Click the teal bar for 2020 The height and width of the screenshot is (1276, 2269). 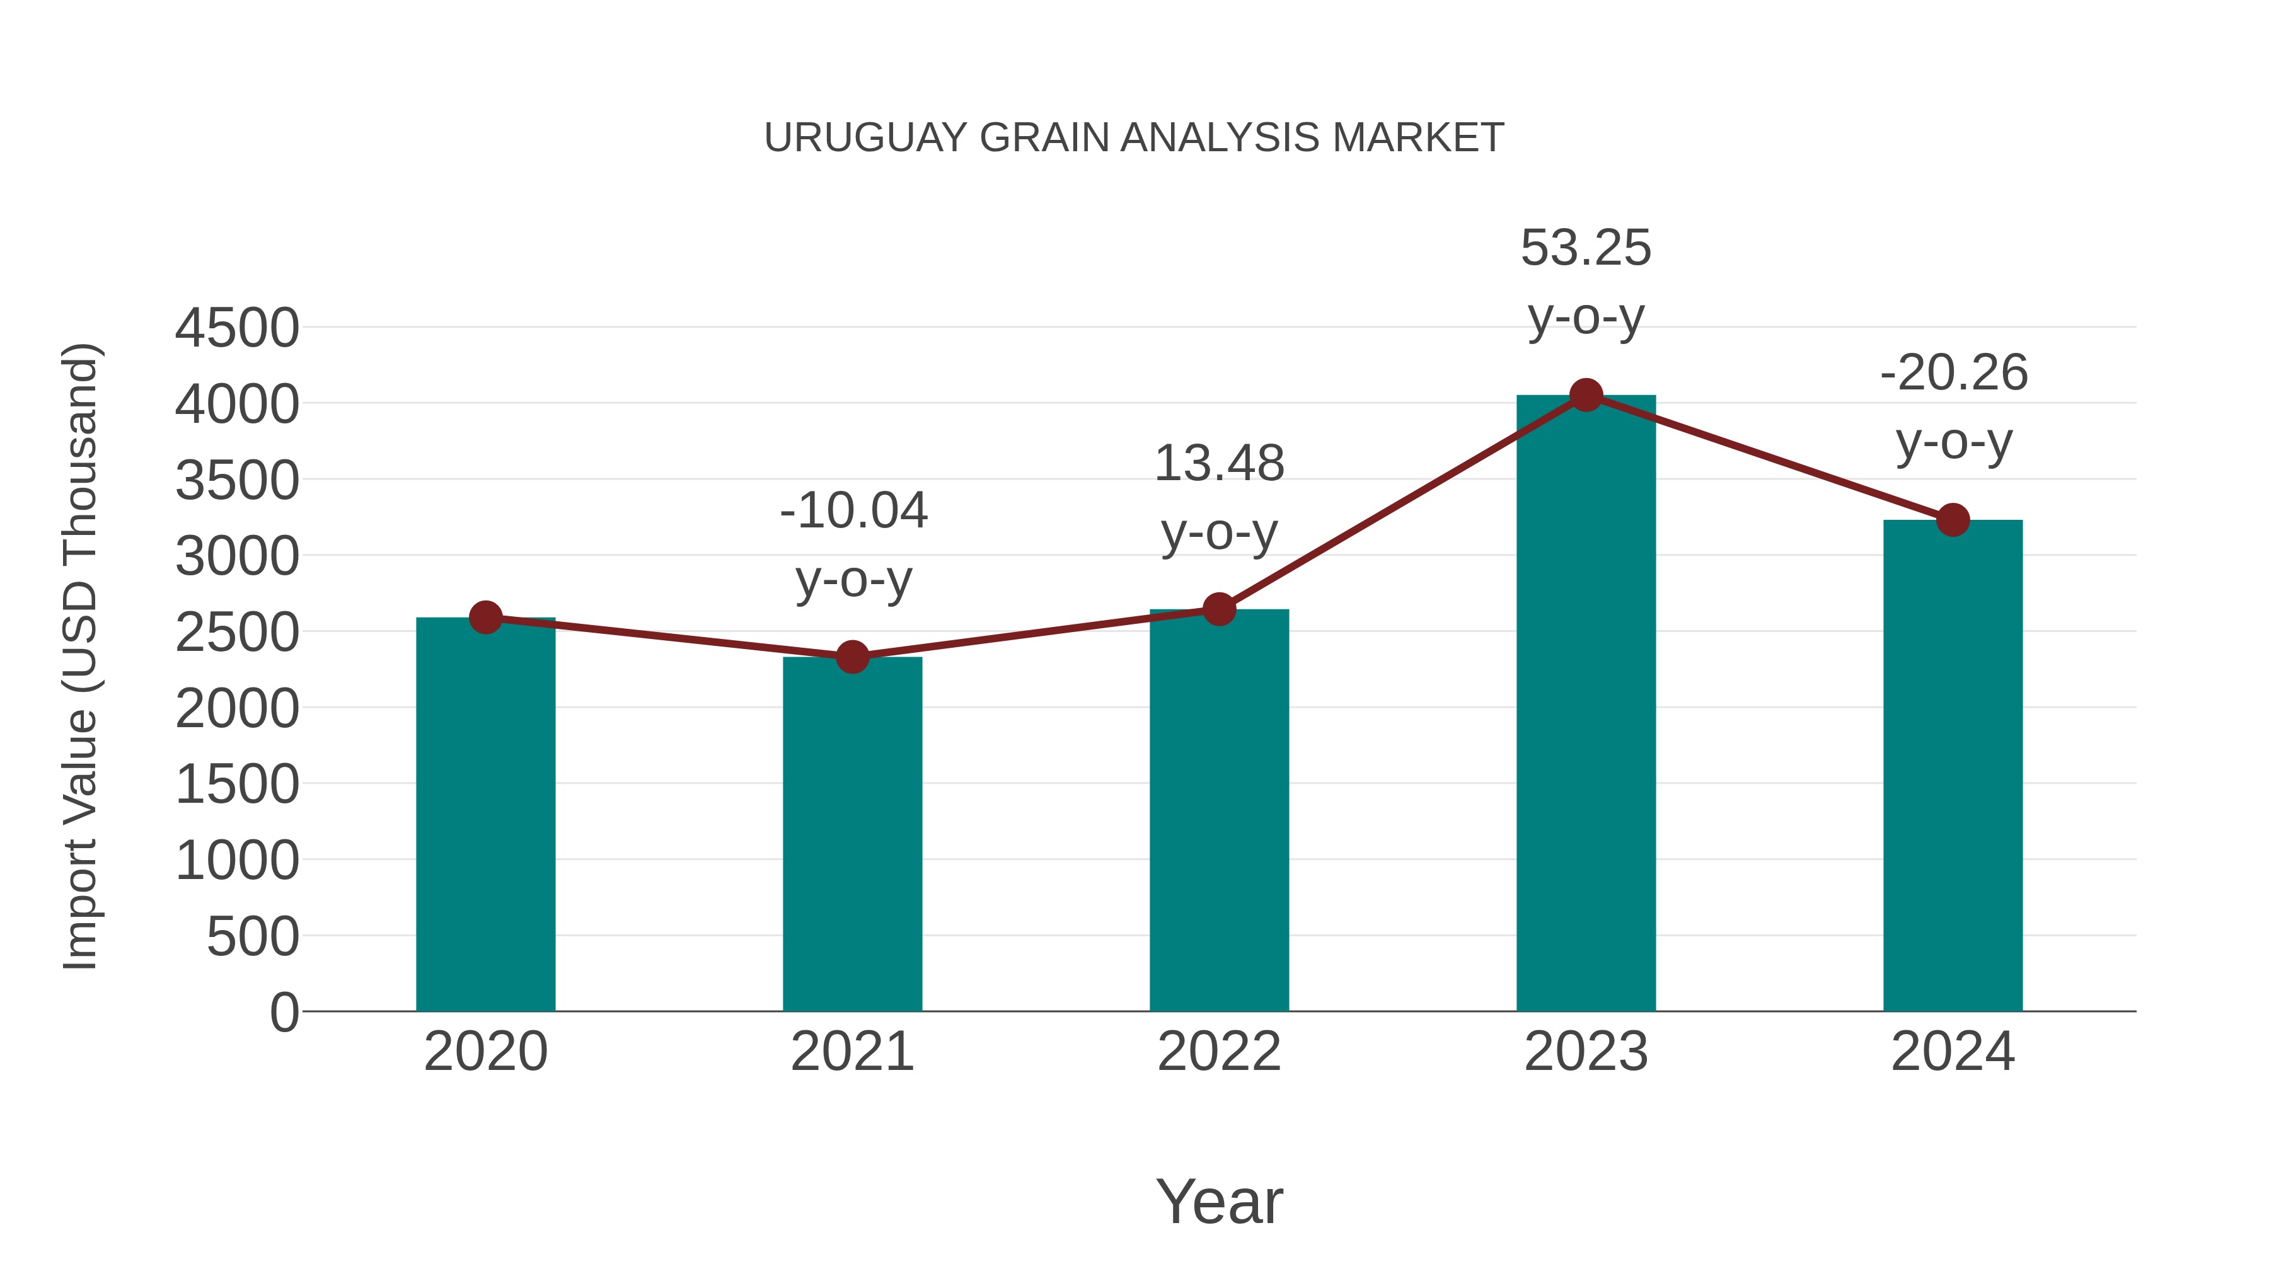[485, 815]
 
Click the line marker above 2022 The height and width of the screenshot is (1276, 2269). [1219, 609]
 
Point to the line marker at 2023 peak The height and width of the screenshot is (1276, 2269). [1586, 395]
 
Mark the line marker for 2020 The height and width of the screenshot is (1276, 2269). [485, 618]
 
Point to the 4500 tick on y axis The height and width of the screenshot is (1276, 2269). [237, 328]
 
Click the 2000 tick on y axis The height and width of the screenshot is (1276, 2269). [237, 709]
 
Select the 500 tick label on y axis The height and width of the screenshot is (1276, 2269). [252, 937]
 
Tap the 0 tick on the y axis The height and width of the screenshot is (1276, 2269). [284, 1013]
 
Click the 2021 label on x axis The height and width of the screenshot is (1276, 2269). [852, 1052]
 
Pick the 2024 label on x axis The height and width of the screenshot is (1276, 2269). [1953, 1052]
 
